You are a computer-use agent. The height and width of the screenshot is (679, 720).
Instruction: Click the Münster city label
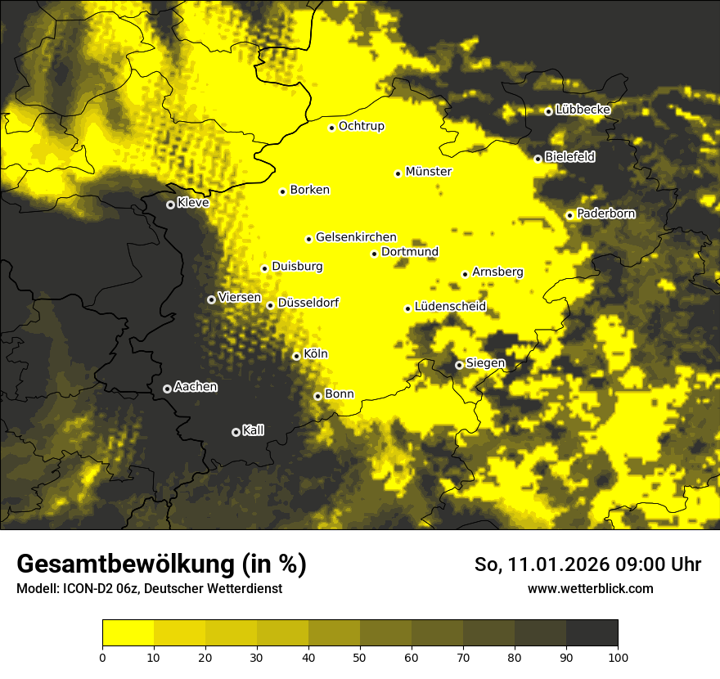[429, 172]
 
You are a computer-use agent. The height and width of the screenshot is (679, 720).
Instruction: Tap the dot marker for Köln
[296, 356]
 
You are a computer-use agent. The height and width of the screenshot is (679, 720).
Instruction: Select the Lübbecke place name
[583, 110]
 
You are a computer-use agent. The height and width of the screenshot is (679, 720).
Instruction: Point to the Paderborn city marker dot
[570, 215]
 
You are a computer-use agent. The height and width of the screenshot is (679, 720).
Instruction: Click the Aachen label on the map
[196, 386]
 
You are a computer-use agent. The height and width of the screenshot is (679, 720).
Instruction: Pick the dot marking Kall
[236, 432]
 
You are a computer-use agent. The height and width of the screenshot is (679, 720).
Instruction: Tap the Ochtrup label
[362, 126]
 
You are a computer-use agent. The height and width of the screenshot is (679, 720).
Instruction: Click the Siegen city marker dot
[459, 365]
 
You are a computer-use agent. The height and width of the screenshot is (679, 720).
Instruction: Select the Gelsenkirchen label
[356, 237]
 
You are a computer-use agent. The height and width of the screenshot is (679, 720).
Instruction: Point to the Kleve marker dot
[170, 205]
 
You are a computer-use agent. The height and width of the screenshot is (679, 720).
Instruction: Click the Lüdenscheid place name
[451, 307]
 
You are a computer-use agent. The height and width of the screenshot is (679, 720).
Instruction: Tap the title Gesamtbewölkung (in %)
[161, 564]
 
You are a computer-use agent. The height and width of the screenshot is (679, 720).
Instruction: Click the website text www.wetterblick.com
[591, 588]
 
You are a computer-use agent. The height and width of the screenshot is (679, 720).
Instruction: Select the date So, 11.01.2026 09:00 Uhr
[587, 564]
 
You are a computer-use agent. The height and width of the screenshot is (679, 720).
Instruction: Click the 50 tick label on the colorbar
[360, 656]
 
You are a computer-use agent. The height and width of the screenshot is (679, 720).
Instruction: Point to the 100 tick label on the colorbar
[618, 656]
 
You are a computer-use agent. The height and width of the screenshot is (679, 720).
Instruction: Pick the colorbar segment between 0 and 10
[128, 633]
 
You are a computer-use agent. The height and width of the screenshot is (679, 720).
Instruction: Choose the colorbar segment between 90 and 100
[592, 633]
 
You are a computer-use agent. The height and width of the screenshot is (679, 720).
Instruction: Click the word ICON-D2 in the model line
[85, 589]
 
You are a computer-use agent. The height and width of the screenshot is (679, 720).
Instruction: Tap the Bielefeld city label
[570, 156]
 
